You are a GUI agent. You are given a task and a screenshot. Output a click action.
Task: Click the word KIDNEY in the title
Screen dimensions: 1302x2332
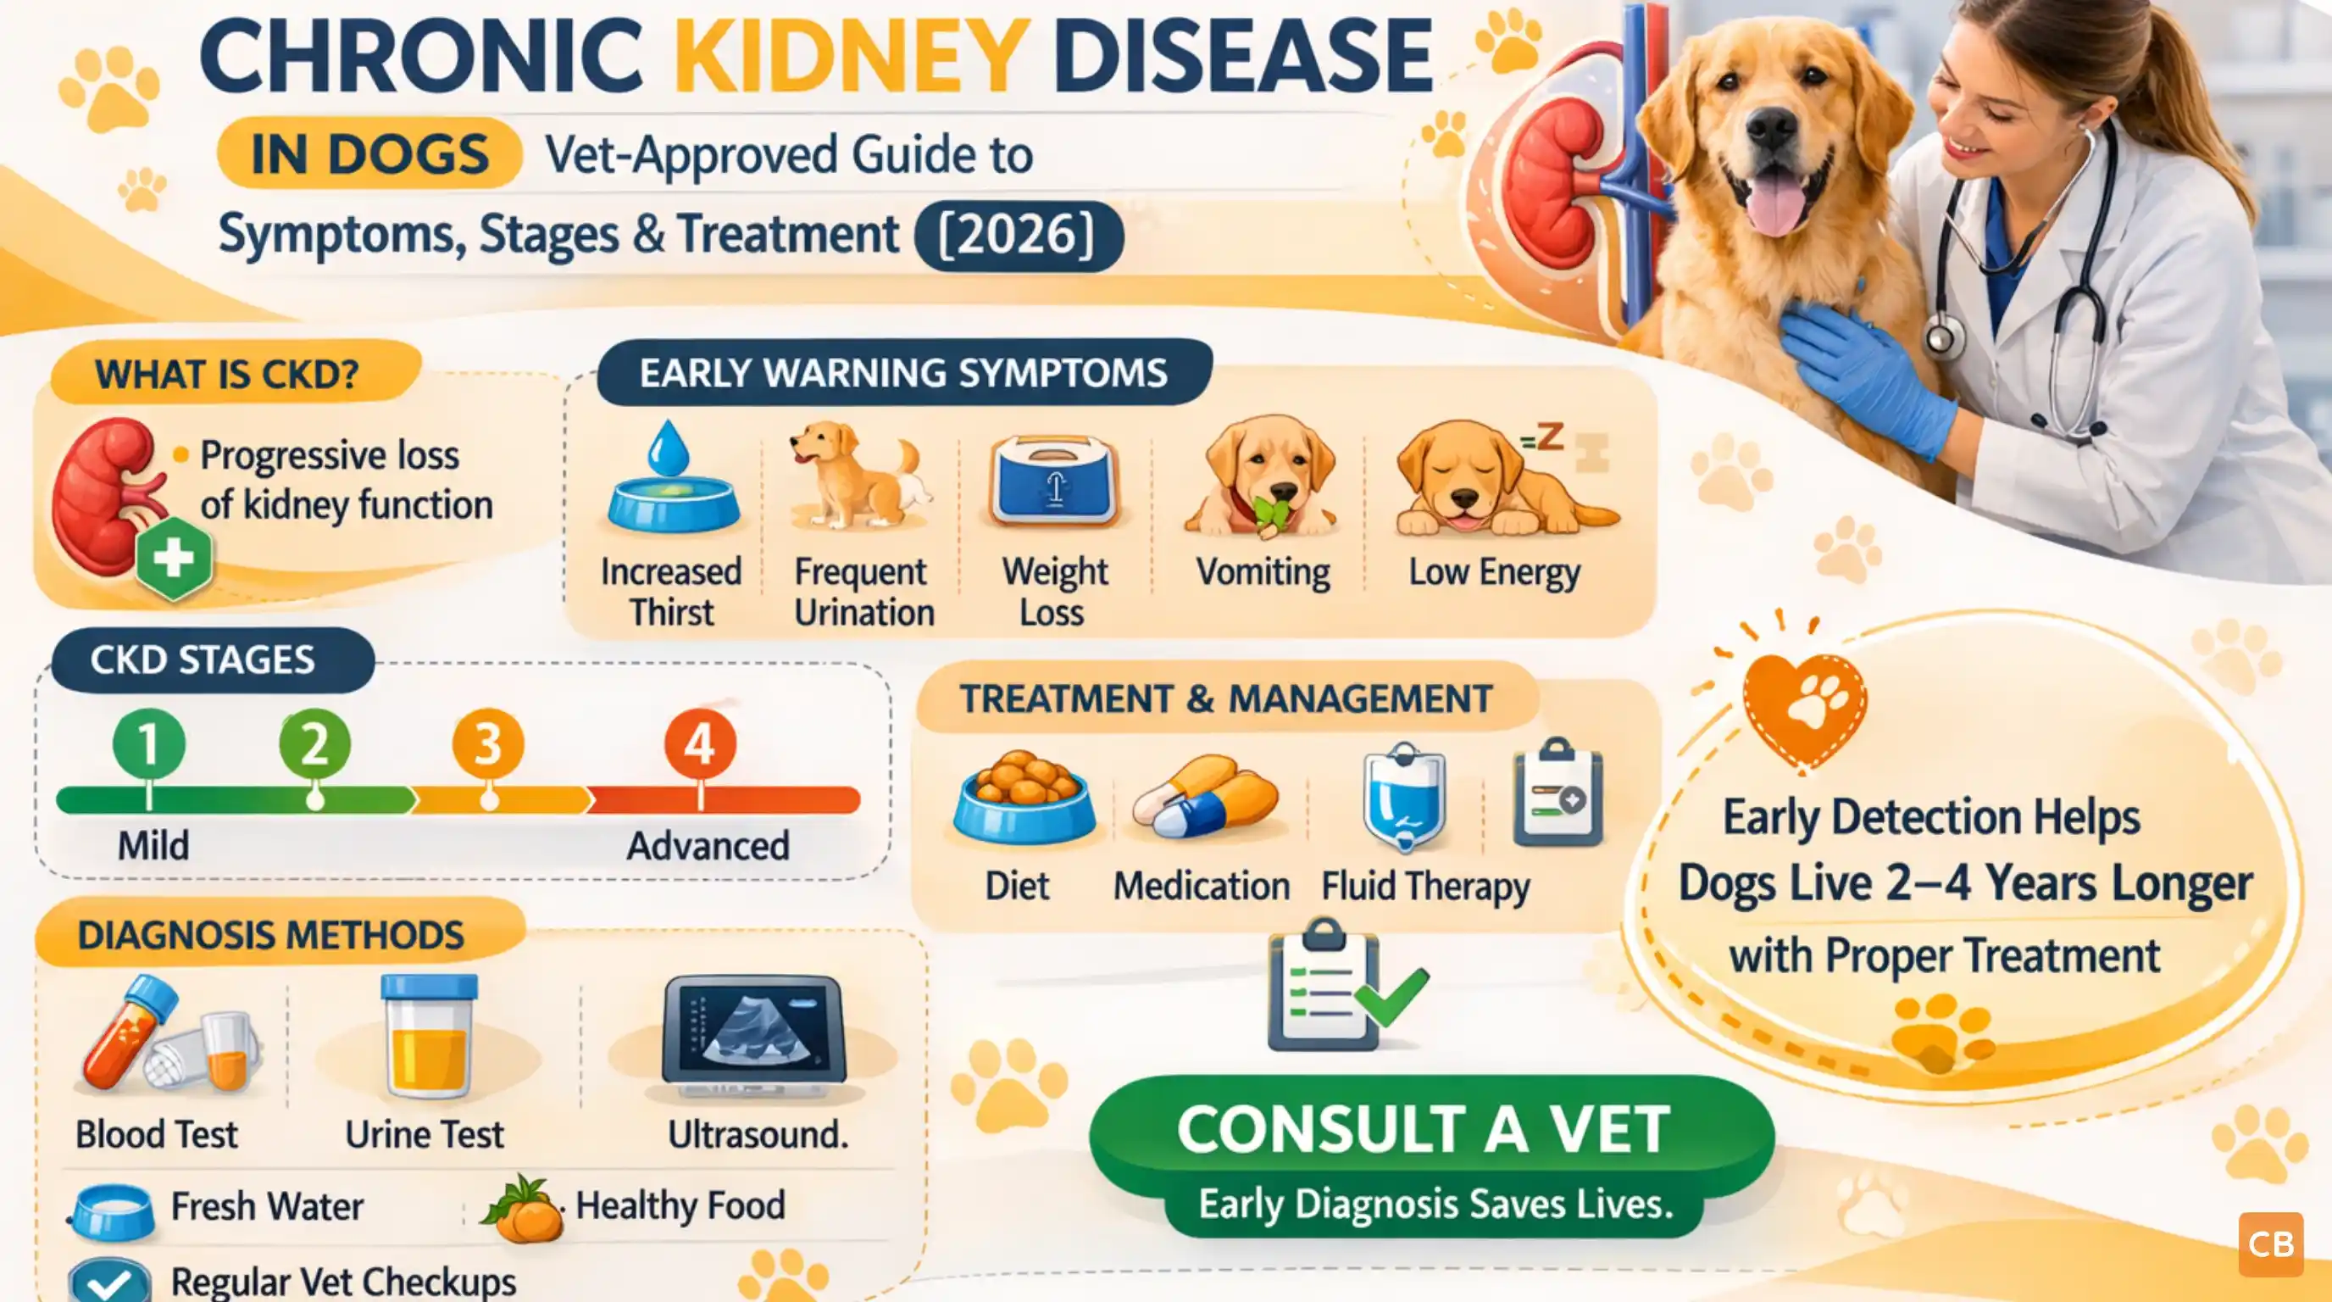[851, 56]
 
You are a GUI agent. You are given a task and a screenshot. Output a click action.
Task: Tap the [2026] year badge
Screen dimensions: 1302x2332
[1019, 236]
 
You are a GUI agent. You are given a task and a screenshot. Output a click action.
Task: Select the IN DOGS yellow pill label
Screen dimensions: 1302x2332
[369, 154]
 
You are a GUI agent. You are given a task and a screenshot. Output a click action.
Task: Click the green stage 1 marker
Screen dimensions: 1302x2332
[148, 744]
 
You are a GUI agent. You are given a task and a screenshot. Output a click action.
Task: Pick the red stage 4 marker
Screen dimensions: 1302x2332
[700, 744]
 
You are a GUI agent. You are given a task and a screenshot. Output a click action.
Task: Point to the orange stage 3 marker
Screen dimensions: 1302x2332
[488, 744]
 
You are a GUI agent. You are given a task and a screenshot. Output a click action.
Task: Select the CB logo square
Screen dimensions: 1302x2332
[2270, 1244]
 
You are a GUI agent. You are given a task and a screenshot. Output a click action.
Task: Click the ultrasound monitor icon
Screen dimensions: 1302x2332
[753, 1032]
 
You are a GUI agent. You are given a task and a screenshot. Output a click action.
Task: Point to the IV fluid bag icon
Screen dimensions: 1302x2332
[1404, 797]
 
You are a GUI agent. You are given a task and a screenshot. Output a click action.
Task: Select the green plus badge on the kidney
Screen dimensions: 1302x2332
[174, 558]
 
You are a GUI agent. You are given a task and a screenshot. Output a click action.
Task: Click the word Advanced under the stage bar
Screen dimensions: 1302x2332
[708, 847]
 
